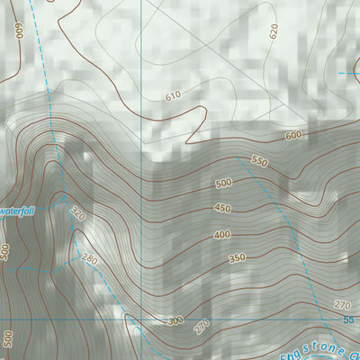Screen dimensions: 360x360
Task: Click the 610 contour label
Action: click(x=173, y=95)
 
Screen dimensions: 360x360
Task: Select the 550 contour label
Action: click(x=260, y=162)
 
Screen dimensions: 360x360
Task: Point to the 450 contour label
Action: click(x=223, y=209)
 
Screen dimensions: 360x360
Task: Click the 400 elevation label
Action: click(x=221, y=235)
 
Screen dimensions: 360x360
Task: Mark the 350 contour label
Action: click(x=237, y=258)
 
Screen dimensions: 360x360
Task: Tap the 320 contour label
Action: click(x=78, y=215)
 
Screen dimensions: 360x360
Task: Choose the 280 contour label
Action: click(x=90, y=260)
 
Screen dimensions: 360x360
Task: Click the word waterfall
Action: click(x=15, y=211)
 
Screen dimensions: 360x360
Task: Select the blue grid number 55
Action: click(x=348, y=319)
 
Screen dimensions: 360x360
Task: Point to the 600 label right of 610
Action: click(x=293, y=135)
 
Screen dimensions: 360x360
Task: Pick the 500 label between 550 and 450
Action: click(x=223, y=184)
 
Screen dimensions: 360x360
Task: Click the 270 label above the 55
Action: click(x=341, y=305)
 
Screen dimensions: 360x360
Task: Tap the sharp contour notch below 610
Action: click(x=190, y=140)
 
